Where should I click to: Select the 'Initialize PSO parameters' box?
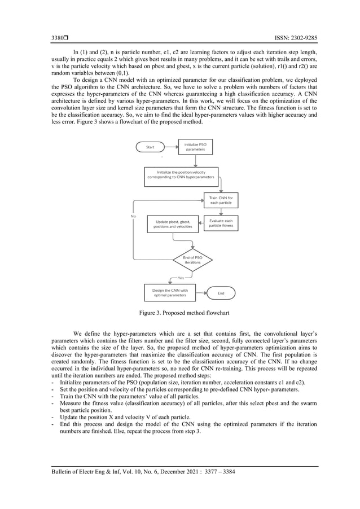point(195,147)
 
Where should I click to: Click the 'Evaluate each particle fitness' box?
point(221,223)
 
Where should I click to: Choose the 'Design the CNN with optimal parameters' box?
point(169,292)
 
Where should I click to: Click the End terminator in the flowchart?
point(221,292)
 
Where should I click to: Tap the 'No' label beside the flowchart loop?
point(133,216)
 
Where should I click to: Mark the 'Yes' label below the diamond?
point(181,278)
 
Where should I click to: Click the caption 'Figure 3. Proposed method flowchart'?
point(180,312)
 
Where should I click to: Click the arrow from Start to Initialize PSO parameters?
point(172,147)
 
